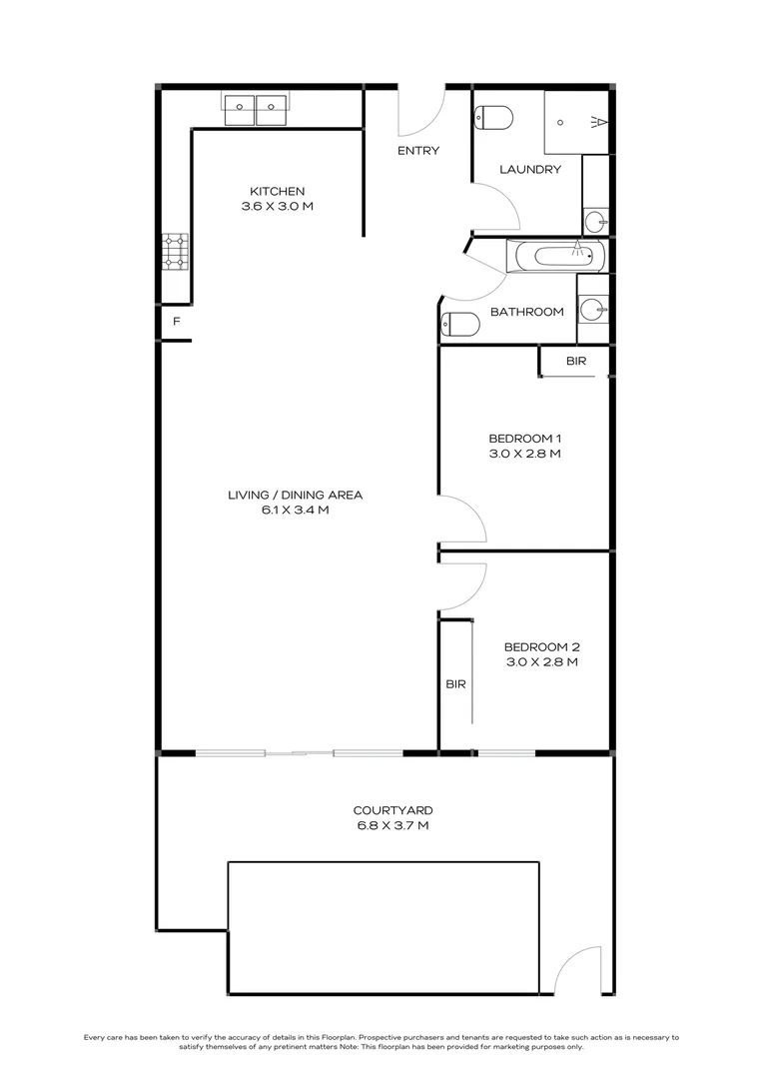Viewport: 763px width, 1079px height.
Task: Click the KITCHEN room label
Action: (x=277, y=191)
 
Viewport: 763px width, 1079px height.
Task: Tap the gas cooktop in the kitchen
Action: (x=175, y=252)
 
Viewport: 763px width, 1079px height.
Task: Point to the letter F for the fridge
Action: (x=177, y=322)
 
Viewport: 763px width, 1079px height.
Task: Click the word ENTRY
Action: (x=417, y=151)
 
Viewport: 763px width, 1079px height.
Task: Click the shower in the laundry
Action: (x=576, y=122)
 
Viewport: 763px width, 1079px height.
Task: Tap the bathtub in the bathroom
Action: (x=557, y=256)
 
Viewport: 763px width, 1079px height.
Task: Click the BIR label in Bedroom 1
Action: (x=576, y=362)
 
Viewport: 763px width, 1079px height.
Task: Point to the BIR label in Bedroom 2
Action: (x=455, y=684)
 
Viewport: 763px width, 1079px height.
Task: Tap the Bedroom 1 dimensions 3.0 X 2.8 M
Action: (x=524, y=454)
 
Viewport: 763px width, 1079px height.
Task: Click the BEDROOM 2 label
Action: (x=541, y=645)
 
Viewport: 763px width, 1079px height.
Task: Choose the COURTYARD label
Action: (x=392, y=810)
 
